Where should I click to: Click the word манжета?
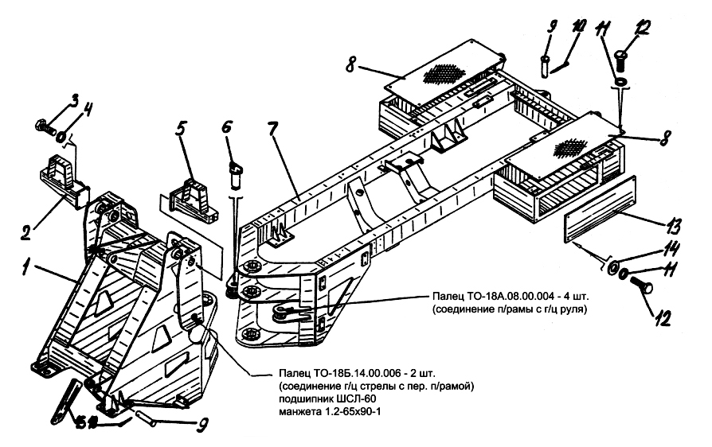pos(304,411)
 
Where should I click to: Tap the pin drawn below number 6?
pos(236,174)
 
